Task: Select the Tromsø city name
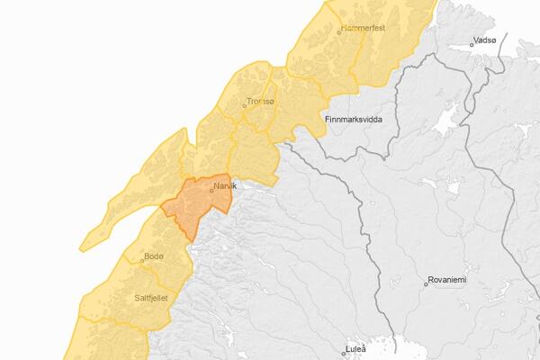click(x=261, y=103)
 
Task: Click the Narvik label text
click(x=225, y=185)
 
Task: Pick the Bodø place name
click(x=154, y=256)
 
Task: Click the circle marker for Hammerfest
click(x=339, y=31)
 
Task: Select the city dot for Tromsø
click(x=244, y=105)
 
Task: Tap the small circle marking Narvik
click(x=211, y=189)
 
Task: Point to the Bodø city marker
click(x=142, y=260)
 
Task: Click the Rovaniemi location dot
click(x=427, y=283)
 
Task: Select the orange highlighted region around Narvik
click(x=193, y=207)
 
